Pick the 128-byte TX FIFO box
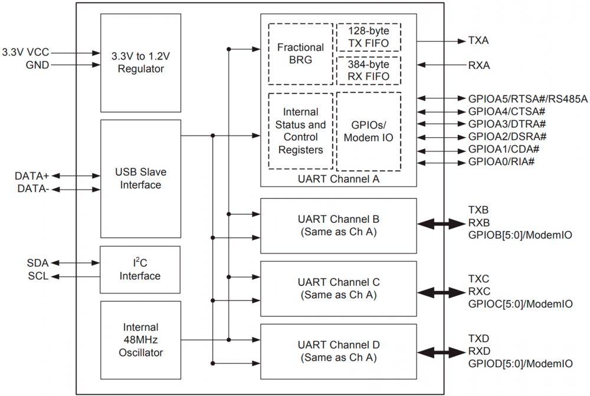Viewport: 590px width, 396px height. coord(368,37)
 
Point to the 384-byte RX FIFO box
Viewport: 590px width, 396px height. coord(368,70)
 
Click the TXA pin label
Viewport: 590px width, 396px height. coord(478,41)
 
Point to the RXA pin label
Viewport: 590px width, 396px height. coord(478,65)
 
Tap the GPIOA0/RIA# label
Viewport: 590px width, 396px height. coord(501,162)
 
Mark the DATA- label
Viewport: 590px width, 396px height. coord(33,189)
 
